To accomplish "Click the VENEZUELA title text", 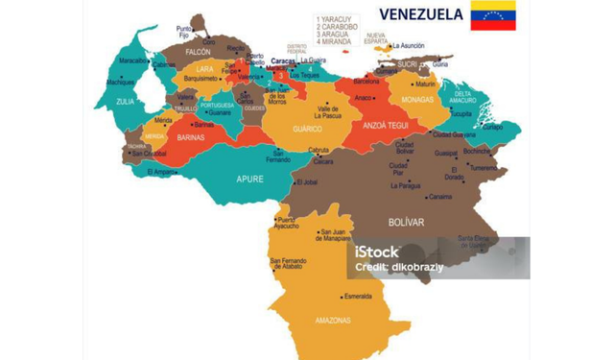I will click(421, 14).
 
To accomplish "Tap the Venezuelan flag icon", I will click(492, 15).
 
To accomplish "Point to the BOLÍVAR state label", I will click(406, 222).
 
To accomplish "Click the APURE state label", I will click(251, 179).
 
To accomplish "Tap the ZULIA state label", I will click(126, 99).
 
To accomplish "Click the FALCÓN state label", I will click(198, 51).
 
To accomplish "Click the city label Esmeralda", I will click(358, 296).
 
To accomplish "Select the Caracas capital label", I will click(282, 60).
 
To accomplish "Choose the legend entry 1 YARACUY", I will click(334, 17).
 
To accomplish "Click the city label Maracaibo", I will click(132, 60).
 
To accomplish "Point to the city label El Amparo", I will click(161, 172).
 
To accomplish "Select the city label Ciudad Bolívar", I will click(405, 148).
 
